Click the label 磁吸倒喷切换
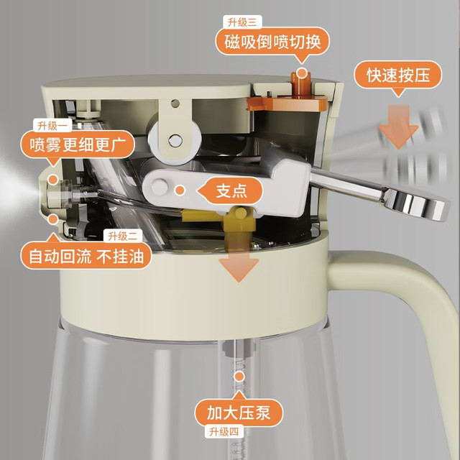(272, 42)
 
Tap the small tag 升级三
(242, 22)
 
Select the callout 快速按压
(397, 75)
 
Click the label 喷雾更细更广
(78, 144)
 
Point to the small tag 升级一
(52, 126)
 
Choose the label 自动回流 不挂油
(86, 256)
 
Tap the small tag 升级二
(123, 236)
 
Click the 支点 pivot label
(231, 190)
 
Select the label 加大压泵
(239, 413)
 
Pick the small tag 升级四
(224, 431)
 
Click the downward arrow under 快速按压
(398, 126)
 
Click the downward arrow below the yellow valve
(239, 265)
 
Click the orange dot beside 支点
(180, 190)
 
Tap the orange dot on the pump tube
(239, 377)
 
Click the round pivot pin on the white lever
(160, 188)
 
